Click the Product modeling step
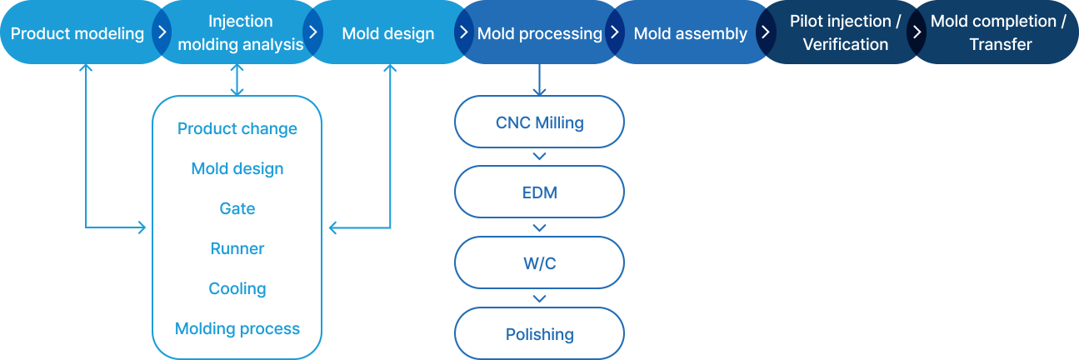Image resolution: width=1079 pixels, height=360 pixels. [77, 32]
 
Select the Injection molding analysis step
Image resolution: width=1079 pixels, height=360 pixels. [240, 32]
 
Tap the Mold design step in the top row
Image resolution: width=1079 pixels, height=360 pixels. [388, 32]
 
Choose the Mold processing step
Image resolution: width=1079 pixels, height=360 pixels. [540, 32]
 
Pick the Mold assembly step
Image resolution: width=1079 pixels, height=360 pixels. [690, 32]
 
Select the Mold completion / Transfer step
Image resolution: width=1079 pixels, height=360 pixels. [998, 32]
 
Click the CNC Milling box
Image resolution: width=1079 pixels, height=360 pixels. [540, 122]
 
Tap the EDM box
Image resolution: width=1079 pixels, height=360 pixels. [540, 192]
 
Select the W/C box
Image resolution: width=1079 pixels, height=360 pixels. [540, 262]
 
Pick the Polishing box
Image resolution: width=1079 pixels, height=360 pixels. [540, 333]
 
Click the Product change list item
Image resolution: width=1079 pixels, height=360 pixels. [237, 128]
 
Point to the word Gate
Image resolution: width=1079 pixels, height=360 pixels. [237, 208]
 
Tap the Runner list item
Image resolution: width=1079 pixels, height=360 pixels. [237, 248]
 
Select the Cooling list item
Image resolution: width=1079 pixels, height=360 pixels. [237, 288]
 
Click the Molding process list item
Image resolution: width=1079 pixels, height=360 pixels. [237, 328]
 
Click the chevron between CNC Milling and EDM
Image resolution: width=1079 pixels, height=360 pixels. [540, 156]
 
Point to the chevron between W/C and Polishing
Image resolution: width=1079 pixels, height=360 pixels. [540, 299]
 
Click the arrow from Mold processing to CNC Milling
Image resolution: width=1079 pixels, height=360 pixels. [540, 79]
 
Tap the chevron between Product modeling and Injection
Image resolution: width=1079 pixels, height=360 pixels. [162, 32]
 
